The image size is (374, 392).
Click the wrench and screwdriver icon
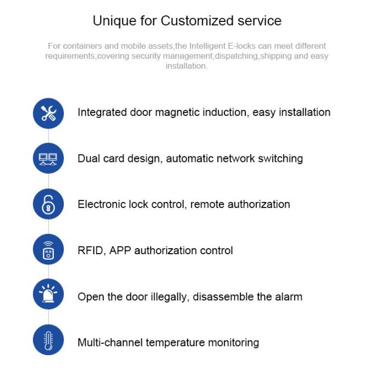(x=48, y=113)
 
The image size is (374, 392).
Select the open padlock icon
(x=48, y=204)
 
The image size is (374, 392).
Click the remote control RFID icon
(x=48, y=250)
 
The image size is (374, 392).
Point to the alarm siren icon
(x=48, y=293)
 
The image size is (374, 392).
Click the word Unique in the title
(x=114, y=21)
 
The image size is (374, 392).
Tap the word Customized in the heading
(x=197, y=20)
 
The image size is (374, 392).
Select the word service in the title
(x=260, y=20)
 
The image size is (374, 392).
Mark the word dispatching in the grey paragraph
(x=237, y=56)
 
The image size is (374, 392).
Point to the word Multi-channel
(x=110, y=343)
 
